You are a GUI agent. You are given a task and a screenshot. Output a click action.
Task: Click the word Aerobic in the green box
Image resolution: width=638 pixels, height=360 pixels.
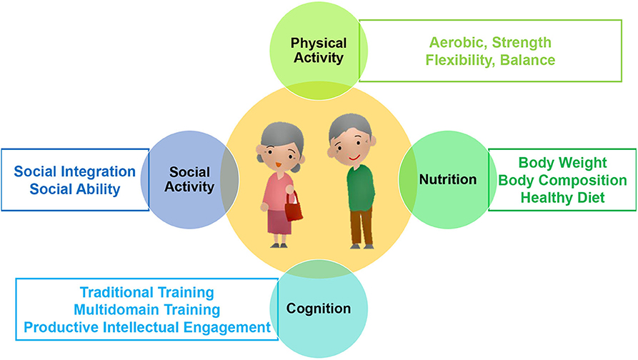pyautogui.click(x=458, y=43)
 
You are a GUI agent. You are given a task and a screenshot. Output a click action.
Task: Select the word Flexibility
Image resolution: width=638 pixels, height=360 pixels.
pyautogui.click(x=460, y=60)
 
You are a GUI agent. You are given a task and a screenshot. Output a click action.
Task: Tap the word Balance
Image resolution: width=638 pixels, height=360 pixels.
pyautogui.click(x=528, y=60)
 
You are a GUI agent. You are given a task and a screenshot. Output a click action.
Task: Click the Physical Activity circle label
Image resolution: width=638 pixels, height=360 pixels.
pyautogui.click(x=319, y=51)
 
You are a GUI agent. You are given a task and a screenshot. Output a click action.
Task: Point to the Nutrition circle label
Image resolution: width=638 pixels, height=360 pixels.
pyautogui.click(x=448, y=179)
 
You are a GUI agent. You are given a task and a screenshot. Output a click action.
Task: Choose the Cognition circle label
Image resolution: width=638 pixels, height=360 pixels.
pyautogui.click(x=319, y=309)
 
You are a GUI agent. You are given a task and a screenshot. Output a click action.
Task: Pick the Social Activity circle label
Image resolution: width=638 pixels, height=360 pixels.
pyautogui.click(x=189, y=179)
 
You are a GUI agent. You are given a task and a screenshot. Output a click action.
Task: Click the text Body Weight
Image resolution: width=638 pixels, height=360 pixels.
pyautogui.click(x=563, y=163)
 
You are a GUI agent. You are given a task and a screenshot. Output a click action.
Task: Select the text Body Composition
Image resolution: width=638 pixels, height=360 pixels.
pyautogui.click(x=563, y=180)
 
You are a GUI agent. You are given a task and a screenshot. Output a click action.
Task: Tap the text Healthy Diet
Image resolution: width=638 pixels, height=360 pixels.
pyautogui.click(x=563, y=198)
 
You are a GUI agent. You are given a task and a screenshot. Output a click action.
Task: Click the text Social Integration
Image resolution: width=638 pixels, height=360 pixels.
pyautogui.click(x=75, y=171)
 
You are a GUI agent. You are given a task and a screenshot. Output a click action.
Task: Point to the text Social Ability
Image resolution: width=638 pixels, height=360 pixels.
pyautogui.click(x=75, y=189)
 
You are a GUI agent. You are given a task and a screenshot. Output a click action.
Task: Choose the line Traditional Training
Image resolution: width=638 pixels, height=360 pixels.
pyautogui.click(x=147, y=292)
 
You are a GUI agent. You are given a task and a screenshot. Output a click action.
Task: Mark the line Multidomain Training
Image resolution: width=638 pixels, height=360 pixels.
pyautogui.click(x=147, y=310)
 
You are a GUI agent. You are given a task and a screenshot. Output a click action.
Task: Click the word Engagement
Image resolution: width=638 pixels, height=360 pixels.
pyautogui.click(x=227, y=327)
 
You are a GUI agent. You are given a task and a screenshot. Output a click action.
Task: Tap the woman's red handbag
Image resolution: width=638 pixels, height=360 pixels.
pyautogui.click(x=294, y=209)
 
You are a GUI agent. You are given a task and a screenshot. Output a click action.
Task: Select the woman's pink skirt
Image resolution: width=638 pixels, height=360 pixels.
pyautogui.click(x=279, y=221)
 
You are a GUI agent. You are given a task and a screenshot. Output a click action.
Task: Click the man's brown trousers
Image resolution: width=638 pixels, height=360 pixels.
pyautogui.click(x=362, y=226)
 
